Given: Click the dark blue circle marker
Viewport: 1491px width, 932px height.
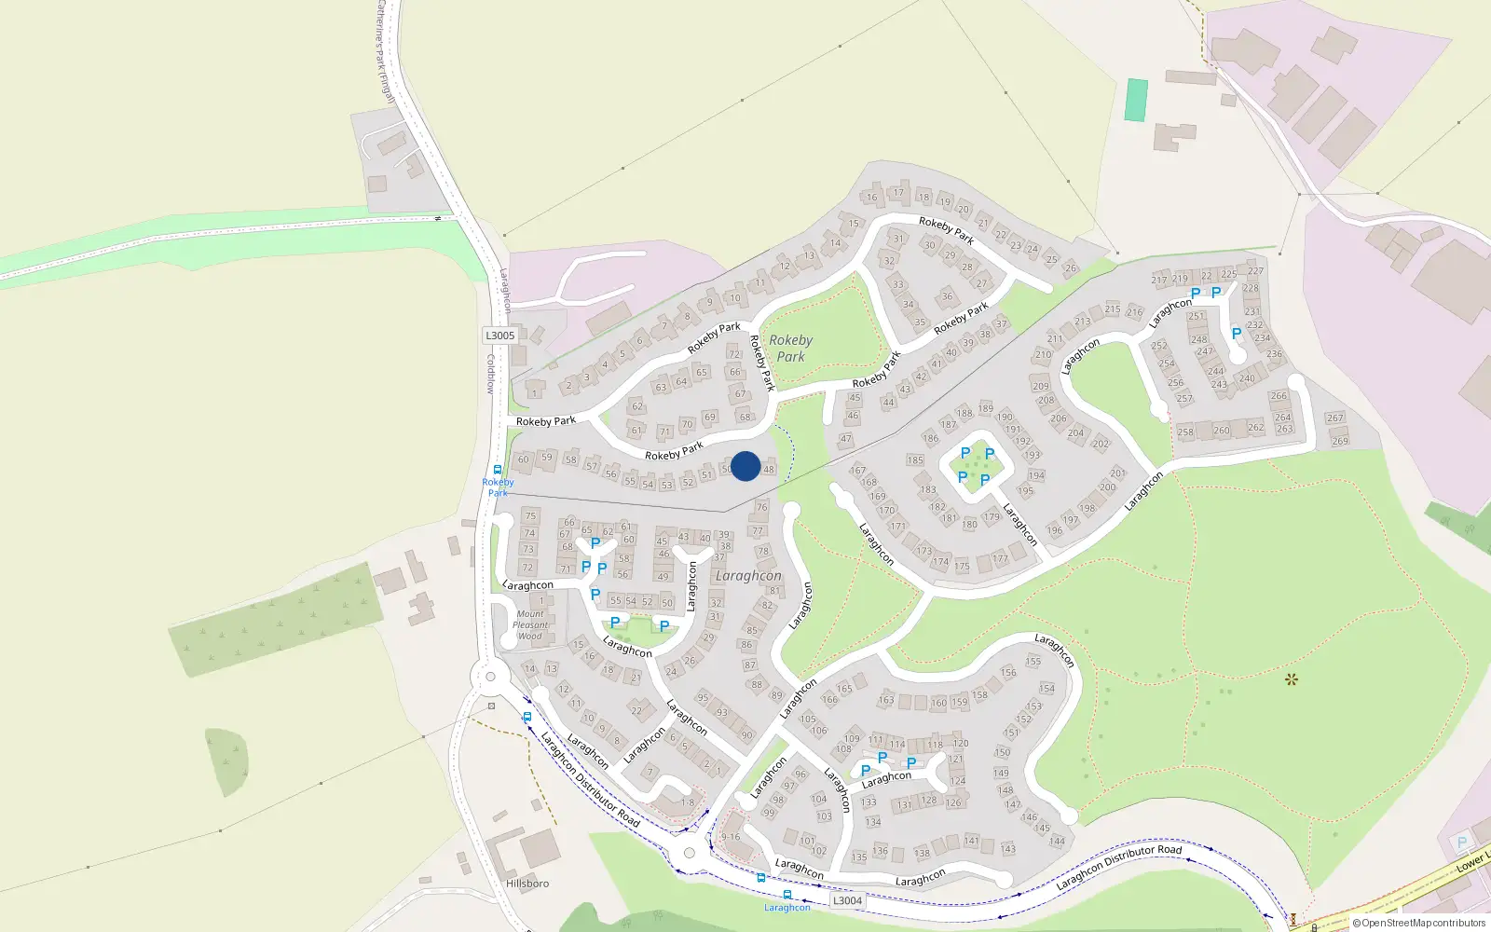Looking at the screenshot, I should coord(745,466).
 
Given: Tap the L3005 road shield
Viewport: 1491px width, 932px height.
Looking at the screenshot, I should coord(499,336).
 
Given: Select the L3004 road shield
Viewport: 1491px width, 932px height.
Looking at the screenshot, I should coord(847,900).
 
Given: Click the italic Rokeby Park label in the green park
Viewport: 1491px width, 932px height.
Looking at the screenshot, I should coord(790,349).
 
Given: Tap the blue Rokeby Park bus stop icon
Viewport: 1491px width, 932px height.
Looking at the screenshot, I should coord(498,471).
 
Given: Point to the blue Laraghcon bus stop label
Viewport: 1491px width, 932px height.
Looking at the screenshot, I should coord(787,908).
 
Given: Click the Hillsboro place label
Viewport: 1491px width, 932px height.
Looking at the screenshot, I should coord(527,884).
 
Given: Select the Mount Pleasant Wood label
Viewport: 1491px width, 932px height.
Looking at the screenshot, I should coord(530,625).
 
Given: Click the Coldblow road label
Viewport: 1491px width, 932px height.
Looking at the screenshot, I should coord(491,373).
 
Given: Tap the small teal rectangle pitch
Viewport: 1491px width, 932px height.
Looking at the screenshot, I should coord(1136,100).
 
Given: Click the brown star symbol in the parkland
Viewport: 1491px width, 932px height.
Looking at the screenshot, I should coord(1291,679).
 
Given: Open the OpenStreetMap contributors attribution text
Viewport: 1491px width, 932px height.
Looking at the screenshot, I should coord(1423,924).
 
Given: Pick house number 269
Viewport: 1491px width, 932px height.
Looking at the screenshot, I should coord(1340,441).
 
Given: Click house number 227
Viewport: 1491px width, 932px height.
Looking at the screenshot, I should coord(1255,271).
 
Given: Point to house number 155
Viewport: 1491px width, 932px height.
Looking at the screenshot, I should coord(1033,662).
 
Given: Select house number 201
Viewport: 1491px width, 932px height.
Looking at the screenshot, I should coord(1117,473).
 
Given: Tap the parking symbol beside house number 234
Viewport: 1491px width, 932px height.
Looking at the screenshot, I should coord(1237,334).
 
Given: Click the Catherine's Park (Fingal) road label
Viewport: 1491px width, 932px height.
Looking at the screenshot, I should coord(385,51).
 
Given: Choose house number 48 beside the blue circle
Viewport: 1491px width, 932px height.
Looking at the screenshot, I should coord(769,469).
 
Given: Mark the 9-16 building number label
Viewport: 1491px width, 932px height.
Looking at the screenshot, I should coord(731,837).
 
